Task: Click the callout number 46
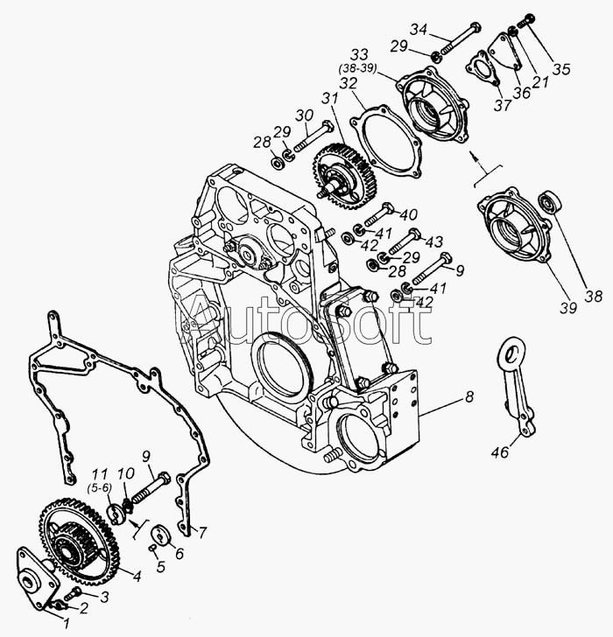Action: (x=500, y=451)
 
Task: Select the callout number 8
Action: (x=469, y=396)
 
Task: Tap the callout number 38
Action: (x=593, y=296)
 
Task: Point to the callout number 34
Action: (x=419, y=30)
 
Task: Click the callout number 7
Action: (x=201, y=532)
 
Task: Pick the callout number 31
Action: (x=329, y=99)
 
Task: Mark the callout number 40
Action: (x=409, y=214)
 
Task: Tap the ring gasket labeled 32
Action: (x=385, y=141)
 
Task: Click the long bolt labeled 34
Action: (x=460, y=39)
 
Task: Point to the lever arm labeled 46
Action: (x=517, y=390)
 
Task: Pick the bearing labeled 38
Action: (x=550, y=200)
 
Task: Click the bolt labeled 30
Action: (x=312, y=136)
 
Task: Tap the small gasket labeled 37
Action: (x=483, y=68)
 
